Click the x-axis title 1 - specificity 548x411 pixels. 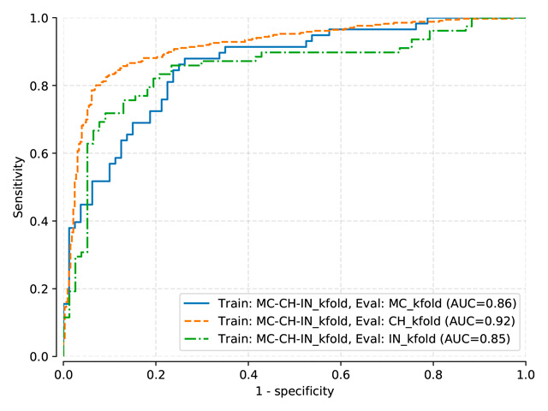(295, 391)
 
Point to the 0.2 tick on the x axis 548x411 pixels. (156, 373)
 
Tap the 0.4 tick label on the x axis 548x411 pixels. (248, 373)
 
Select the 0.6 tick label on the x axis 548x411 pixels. (341, 373)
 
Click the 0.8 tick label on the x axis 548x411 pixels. (433, 373)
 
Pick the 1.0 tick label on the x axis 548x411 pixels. (526, 373)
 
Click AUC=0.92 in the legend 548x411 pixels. (483, 321)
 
